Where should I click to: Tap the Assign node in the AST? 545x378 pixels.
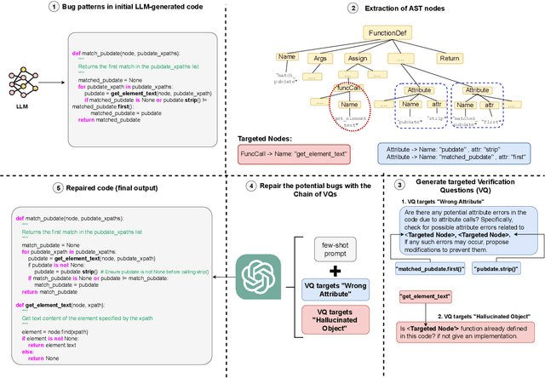pyautogui.click(x=356, y=58)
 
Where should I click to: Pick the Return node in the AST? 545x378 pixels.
pyautogui.click(x=449, y=58)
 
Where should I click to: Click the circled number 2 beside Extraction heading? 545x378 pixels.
pyautogui.click(x=353, y=8)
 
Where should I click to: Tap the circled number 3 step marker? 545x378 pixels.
pyautogui.click(x=401, y=184)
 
